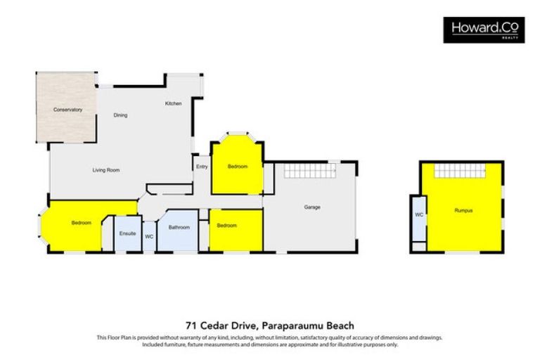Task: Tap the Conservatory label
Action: (68, 110)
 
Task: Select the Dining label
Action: (120, 115)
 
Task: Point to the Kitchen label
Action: (173, 103)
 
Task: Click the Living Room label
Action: (106, 169)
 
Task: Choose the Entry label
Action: (202, 167)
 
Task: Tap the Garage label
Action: (312, 207)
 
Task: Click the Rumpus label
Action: (463, 210)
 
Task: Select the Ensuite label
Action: (127, 233)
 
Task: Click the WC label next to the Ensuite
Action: (149, 237)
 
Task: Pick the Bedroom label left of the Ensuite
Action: (81, 223)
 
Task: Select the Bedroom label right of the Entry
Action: (237, 167)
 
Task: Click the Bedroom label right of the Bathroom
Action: (226, 225)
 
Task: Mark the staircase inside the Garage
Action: (309, 171)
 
